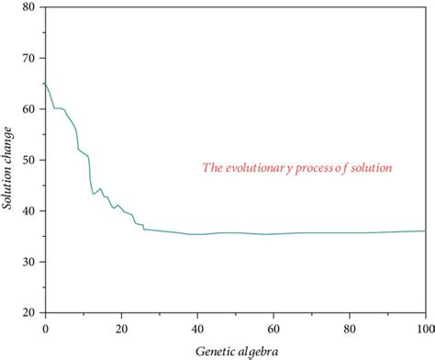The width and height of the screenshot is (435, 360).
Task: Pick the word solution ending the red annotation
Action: click(x=374, y=168)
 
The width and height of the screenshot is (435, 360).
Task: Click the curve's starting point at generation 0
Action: click(x=45, y=84)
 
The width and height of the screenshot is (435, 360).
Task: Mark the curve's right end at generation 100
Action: click(x=425, y=231)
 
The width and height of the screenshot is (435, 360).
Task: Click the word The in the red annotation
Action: click(x=212, y=168)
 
